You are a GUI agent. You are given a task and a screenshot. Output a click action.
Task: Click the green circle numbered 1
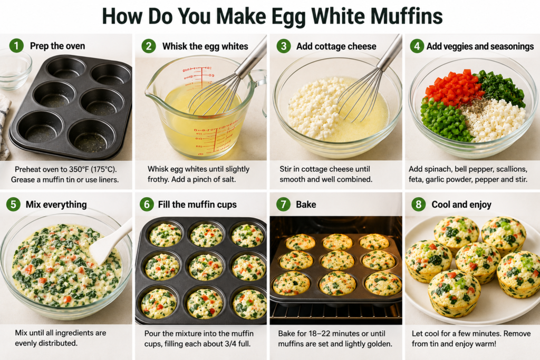pyautogui.click(x=16, y=46)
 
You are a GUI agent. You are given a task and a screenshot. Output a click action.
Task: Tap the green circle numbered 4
pyautogui.click(x=417, y=46)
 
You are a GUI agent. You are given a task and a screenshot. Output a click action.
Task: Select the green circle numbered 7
pyautogui.click(x=283, y=205)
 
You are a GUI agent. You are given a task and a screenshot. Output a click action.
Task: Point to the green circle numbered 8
pyautogui.click(x=418, y=205)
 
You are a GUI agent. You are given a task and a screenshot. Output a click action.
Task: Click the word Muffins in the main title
pyautogui.click(x=407, y=16)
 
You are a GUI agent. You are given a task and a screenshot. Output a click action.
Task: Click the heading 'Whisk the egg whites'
pyautogui.click(x=205, y=46)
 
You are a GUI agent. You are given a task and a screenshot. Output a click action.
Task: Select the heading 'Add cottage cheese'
pyautogui.click(x=336, y=46)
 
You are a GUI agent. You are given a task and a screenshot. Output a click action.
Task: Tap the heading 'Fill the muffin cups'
pyautogui.click(x=197, y=205)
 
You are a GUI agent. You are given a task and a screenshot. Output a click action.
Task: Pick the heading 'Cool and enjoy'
pyautogui.click(x=461, y=205)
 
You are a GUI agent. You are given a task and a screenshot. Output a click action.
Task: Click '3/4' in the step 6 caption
pyautogui.click(x=230, y=344)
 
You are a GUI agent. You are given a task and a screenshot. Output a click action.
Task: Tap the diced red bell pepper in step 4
pyautogui.click(x=452, y=87)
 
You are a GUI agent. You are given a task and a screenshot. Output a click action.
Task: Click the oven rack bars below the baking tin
pyautogui.click(x=336, y=312)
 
